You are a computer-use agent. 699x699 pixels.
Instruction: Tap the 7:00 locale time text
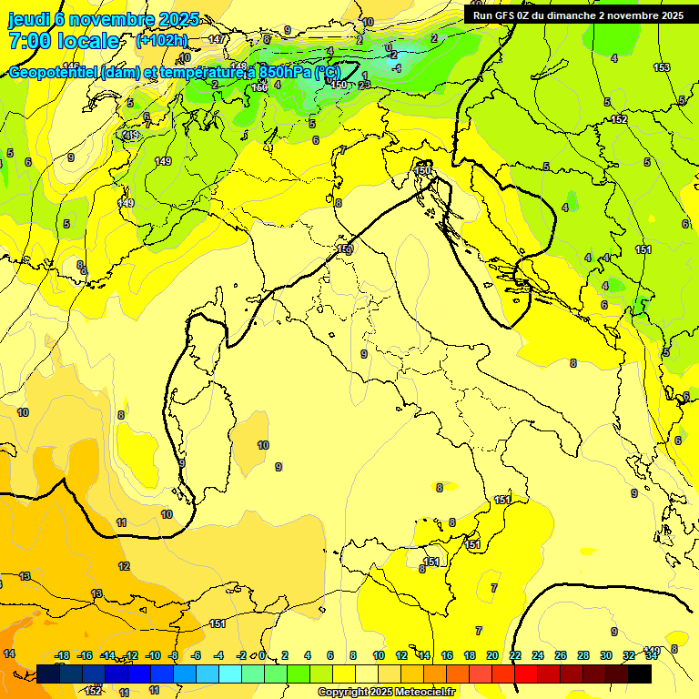pos(64,41)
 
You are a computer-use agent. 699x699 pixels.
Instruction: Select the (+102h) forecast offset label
pos(161,41)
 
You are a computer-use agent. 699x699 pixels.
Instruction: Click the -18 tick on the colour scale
pos(62,655)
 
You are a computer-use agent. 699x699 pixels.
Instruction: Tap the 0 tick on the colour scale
pos(262,655)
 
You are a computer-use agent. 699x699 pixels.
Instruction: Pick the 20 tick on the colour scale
pos(492,655)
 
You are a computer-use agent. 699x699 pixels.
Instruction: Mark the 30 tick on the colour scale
pos(606,655)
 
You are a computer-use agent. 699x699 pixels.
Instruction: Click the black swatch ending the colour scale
pos(640,674)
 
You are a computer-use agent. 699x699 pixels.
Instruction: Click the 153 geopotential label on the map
pos(662,68)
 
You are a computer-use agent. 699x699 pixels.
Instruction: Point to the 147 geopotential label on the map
pos(217,39)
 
